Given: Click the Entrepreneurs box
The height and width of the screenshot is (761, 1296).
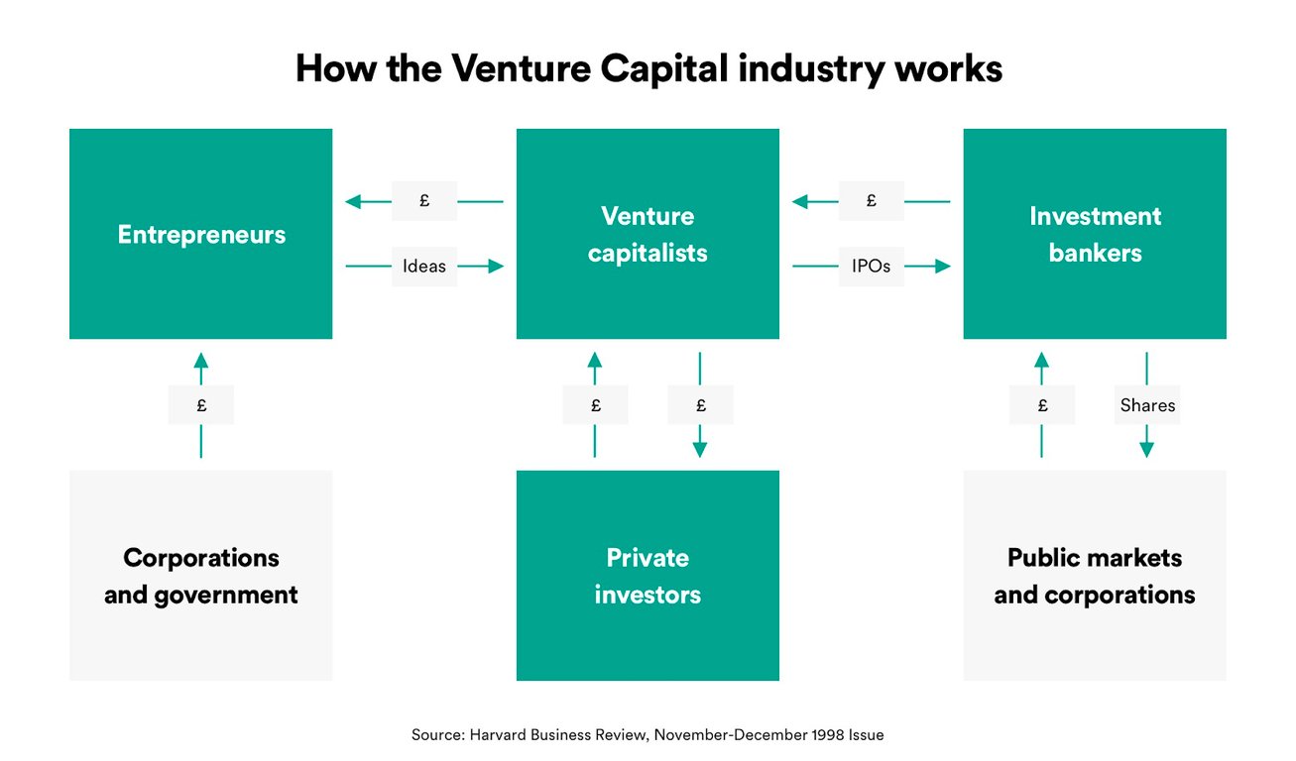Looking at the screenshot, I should [x=200, y=234].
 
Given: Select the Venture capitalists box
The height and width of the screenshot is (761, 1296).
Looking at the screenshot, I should [x=648, y=234].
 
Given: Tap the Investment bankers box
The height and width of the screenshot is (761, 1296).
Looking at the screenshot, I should [x=1095, y=234].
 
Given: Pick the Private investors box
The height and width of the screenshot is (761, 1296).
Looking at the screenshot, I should [x=648, y=576].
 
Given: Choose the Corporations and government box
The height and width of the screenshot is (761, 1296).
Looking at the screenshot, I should [x=200, y=576].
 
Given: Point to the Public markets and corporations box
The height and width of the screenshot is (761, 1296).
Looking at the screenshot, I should [x=1095, y=576].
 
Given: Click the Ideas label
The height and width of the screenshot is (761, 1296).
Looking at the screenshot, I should [x=424, y=266].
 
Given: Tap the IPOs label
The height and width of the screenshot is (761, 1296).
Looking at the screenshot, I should [x=872, y=266].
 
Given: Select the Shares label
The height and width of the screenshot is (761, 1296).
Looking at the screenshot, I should [x=1147, y=405].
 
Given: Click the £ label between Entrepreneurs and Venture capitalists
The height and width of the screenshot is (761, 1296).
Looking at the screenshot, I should [x=424, y=201].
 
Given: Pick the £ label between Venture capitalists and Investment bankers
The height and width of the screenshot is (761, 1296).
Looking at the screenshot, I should [x=872, y=201].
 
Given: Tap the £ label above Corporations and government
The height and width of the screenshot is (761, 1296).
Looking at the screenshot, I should [x=201, y=405].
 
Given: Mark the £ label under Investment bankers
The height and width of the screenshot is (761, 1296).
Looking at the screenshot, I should [x=1041, y=405].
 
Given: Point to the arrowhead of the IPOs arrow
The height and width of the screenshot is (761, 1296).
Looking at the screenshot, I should [x=942, y=266].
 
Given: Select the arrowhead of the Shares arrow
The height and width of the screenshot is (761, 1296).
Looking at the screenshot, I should [x=1147, y=448].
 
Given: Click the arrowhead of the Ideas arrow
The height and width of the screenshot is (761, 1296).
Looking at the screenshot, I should [x=496, y=266].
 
